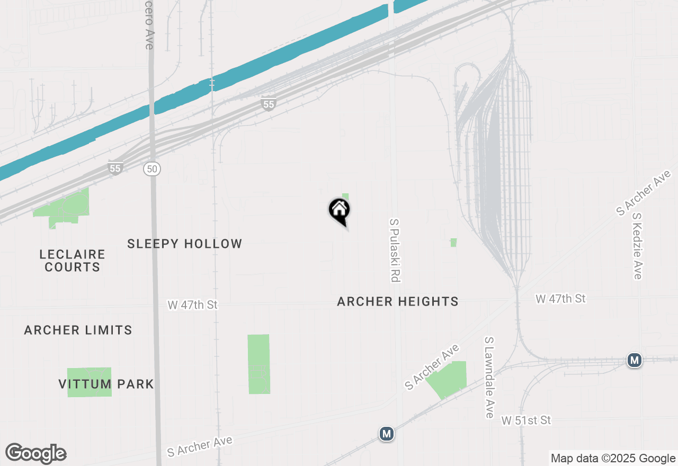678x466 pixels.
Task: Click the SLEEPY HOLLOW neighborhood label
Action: (x=184, y=244)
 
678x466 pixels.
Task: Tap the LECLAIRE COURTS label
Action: (x=72, y=261)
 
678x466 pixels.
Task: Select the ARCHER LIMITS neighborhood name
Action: (x=78, y=330)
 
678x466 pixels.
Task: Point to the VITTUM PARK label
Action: (x=106, y=384)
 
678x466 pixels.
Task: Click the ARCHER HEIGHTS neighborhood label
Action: (x=397, y=301)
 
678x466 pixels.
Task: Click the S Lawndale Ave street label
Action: (x=489, y=377)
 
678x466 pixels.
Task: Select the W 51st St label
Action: (x=526, y=420)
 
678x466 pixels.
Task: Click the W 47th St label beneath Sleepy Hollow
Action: (x=192, y=305)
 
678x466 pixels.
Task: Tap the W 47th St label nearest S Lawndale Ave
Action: (x=560, y=299)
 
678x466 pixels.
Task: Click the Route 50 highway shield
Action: (x=152, y=169)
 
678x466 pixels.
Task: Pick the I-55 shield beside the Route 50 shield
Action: (x=115, y=168)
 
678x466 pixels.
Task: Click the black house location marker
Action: (x=340, y=210)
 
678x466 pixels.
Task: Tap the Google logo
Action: (x=36, y=453)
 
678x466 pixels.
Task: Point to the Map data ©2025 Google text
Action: (x=613, y=459)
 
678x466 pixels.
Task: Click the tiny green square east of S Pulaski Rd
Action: (x=453, y=243)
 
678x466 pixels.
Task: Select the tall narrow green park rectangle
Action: (x=258, y=364)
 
